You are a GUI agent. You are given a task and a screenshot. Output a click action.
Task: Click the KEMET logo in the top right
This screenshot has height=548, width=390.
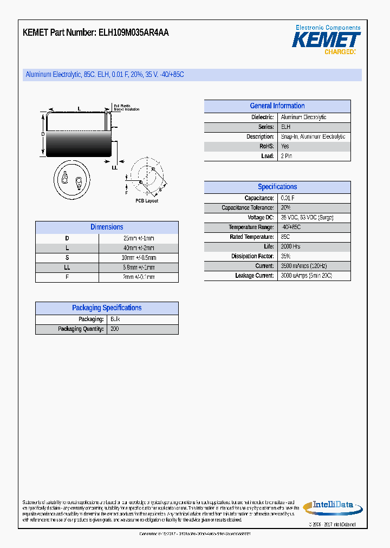326,40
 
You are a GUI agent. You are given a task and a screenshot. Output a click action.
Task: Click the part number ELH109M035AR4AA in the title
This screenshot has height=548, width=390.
133,32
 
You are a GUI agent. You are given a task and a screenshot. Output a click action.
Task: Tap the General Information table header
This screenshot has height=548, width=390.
277,106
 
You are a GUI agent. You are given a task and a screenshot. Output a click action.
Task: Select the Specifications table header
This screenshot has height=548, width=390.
277,187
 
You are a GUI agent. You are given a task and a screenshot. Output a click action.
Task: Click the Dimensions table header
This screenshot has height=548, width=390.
107,227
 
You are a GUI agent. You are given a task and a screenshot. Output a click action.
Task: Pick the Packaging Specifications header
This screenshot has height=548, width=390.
107,308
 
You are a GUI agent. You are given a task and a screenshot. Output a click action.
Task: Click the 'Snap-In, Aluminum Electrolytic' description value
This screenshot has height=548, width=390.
313,137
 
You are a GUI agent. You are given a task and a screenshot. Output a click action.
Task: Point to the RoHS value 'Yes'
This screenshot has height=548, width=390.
285,147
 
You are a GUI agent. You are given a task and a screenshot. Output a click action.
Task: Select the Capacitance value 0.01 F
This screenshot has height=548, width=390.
288,198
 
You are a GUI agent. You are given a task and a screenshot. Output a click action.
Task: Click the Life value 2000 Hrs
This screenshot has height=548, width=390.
290,247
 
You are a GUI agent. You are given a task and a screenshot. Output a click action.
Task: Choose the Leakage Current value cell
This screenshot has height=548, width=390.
306,276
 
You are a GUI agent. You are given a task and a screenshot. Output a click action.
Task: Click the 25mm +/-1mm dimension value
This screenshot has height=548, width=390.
138,239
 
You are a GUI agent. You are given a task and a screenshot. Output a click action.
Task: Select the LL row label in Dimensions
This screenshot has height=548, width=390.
67,268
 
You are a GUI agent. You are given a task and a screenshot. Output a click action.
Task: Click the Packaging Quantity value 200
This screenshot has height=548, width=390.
114,329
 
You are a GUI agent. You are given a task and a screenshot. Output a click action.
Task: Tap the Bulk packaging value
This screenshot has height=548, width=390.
115,319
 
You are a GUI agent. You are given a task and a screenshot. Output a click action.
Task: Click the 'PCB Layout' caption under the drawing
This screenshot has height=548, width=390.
147,201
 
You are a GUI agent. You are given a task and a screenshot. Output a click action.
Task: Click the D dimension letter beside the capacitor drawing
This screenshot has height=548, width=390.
43,134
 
